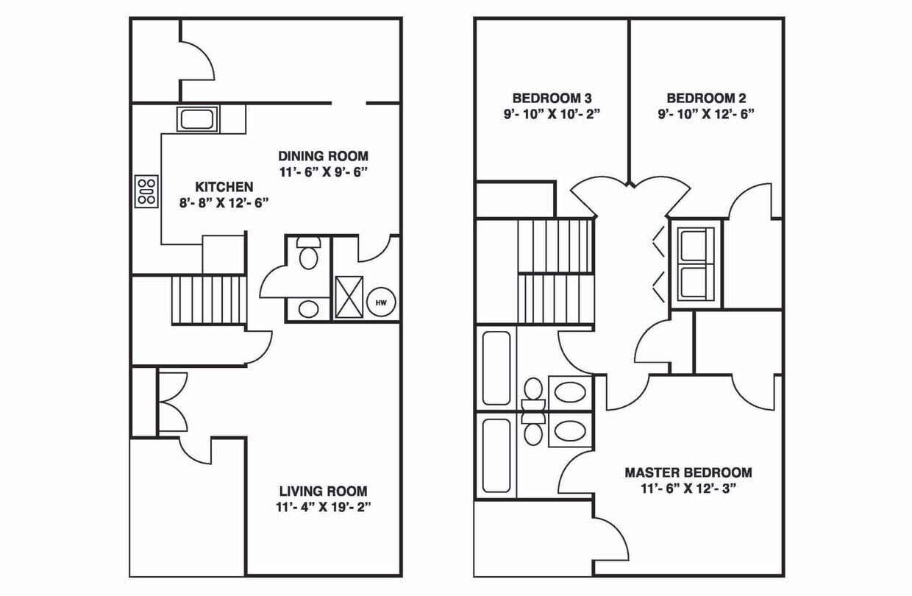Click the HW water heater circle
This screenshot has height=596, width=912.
381,302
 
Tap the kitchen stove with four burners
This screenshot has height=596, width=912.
146,191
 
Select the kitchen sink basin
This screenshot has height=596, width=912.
197,119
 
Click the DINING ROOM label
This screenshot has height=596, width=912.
324,156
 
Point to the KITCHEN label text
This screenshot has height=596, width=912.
224,187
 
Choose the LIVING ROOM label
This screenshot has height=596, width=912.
324,491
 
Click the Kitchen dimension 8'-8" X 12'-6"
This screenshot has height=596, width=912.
224,203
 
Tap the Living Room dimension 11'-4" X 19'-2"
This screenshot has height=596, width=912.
324,507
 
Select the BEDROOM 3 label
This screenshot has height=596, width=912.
552,98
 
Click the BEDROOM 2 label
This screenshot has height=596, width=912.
706,98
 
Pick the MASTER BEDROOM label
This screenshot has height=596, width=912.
688,472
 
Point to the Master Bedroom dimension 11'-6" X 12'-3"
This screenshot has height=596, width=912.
688,489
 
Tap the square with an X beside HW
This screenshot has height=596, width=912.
349,297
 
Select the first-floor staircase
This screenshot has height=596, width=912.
209,300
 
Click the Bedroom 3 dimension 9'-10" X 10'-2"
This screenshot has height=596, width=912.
552,114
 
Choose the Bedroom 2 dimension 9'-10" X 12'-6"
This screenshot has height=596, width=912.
706,114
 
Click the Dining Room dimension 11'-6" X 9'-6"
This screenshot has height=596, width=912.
324,172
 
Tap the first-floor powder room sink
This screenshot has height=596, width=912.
309,309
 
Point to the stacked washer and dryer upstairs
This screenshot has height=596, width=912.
696,265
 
